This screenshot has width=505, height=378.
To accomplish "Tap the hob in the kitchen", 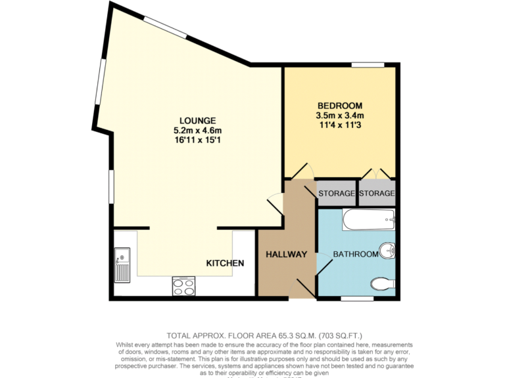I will click(183, 285).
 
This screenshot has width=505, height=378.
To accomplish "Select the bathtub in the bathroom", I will click(368, 220).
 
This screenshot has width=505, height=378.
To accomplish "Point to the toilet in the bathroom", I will click(382, 283).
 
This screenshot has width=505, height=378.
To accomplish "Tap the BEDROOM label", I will click(340, 106).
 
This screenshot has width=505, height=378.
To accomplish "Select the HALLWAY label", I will click(287, 255).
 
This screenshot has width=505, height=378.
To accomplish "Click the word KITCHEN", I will click(226, 263).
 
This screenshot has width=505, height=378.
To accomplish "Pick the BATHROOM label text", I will click(356, 254).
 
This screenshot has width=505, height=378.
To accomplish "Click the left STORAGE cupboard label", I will click(337, 194).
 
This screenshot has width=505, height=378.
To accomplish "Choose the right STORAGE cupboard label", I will click(377, 194).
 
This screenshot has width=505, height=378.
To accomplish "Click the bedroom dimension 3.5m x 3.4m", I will click(340, 115).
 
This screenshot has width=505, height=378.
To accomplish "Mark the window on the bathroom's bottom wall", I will click(357, 299).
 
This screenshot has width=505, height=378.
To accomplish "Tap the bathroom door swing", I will click(324, 262).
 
